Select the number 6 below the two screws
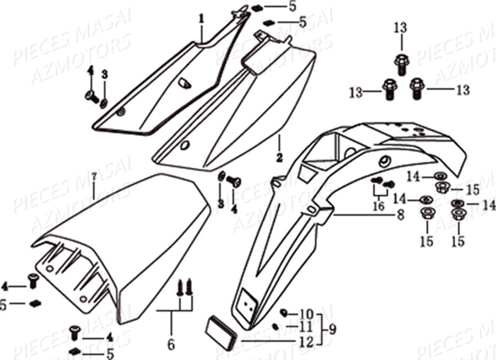pyautogui.click(x=171, y=345)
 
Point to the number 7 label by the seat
pyautogui.click(x=94, y=178)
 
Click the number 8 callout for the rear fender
pyautogui.click(x=401, y=215)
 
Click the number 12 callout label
pyautogui.click(x=306, y=341)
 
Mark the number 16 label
pyautogui.click(x=379, y=206)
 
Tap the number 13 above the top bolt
pyautogui.click(x=401, y=28)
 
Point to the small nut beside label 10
pyautogui.click(x=283, y=313)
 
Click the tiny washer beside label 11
pyautogui.click(x=275, y=326)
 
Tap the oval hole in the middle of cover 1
pyautogui.click(x=185, y=83)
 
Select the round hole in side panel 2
pyautogui.click(x=185, y=146)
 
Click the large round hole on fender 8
pyautogui.click(x=383, y=160)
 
